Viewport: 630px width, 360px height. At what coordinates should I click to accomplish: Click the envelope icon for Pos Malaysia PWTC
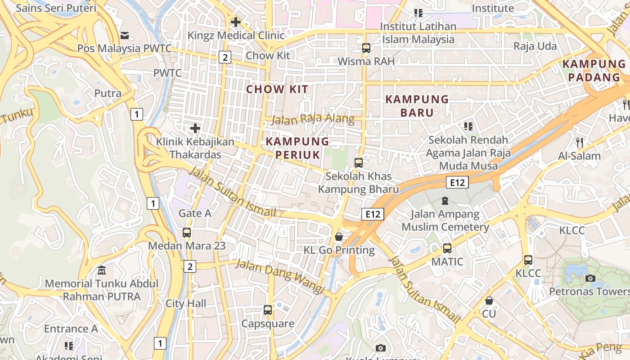(x=125, y=35)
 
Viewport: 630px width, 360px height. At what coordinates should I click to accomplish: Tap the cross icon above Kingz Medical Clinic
(x=235, y=22)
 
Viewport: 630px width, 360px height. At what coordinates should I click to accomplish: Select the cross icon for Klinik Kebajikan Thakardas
(x=195, y=128)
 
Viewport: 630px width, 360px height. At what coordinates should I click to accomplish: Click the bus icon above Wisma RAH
(x=366, y=48)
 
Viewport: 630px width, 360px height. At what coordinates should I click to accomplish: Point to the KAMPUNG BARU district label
(x=417, y=106)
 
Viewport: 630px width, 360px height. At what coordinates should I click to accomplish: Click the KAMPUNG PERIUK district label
(x=297, y=148)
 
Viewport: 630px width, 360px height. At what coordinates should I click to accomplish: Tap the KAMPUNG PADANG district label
(x=594, y=71)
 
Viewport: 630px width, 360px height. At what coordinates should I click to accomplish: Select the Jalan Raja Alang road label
(x=313, y=119)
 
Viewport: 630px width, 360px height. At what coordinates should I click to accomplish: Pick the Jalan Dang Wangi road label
(x=280, y=277)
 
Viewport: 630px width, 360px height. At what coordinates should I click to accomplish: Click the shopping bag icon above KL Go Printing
(x=339, y=237)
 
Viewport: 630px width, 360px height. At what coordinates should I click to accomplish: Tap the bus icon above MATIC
(x=447, y=248)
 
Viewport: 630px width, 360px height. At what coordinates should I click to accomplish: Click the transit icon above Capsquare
(x=268, y=310)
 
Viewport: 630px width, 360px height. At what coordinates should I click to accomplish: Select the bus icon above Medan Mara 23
(x=187, y=233)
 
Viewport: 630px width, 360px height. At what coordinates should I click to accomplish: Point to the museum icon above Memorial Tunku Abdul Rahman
(x=102, y=270)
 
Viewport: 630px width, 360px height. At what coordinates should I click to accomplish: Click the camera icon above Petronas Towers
(x=590, y=278)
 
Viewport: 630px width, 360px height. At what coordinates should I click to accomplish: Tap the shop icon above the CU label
(x=489, y=300)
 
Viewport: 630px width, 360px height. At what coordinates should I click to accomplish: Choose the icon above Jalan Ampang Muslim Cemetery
(x=445, y=200)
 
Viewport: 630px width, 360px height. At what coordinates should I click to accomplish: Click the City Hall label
(x=186, y=303)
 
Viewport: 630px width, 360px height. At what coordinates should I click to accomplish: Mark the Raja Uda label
(x=535, y=46)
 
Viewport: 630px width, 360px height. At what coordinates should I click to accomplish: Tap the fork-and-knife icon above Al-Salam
(x=580, y=143)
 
